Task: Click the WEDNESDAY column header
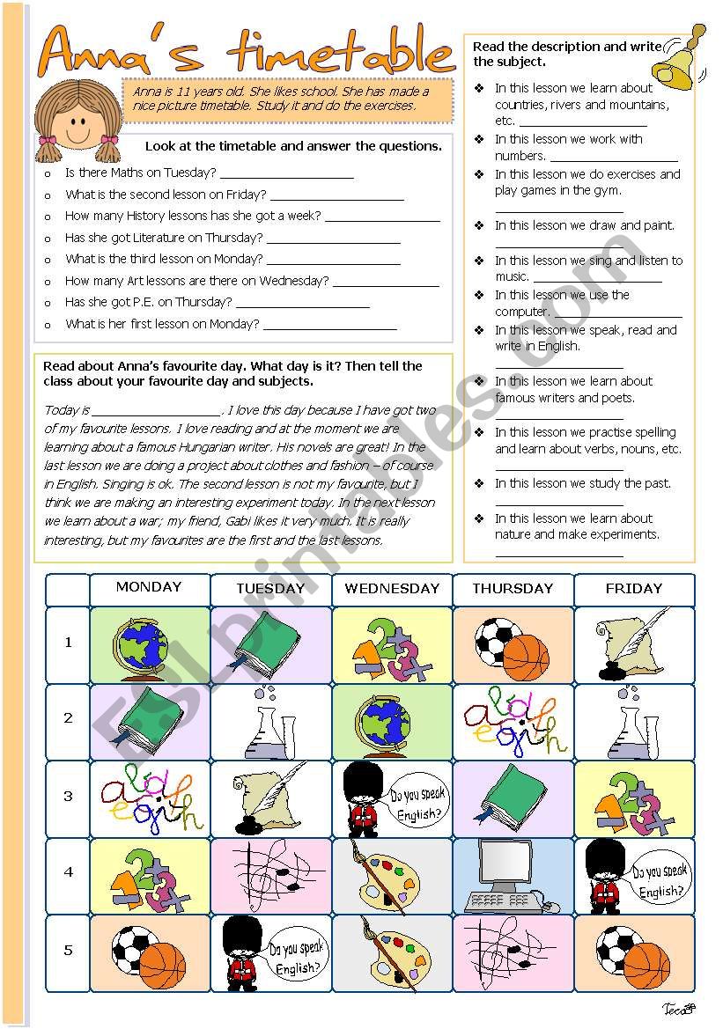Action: [x=392, y=589]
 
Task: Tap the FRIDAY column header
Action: [x=633, y=589]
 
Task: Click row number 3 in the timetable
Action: [x=69, y=797]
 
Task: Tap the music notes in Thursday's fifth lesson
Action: [x=510, y=952]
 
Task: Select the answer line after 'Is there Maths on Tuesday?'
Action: [x=286, y=174]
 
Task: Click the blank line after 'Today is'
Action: [x=157, y=412]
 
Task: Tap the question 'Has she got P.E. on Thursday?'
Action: [x=148, y=302]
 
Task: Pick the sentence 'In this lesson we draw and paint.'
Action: [x=584, y=225]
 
